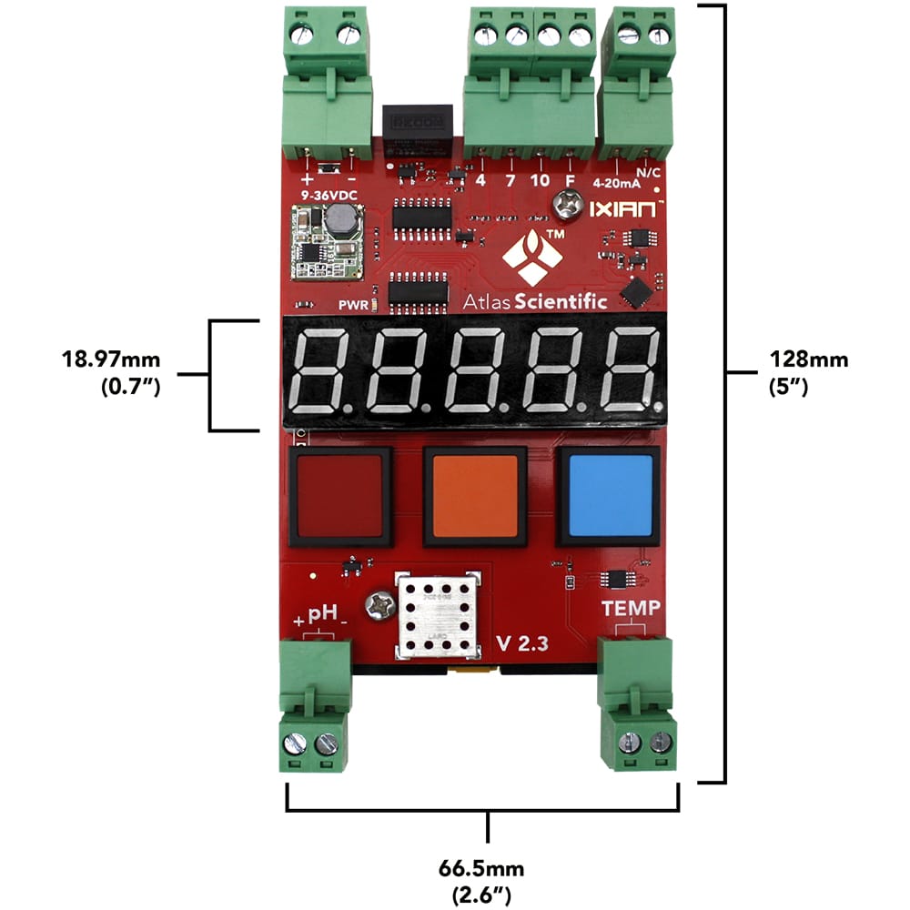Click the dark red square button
click(339, 496)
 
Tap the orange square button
click(474, 496)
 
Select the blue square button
click(610, 496)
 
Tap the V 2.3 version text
click(522, 643)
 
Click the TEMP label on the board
click(631, 608)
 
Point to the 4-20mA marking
click(616, 182)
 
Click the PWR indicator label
click(352, 305)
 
